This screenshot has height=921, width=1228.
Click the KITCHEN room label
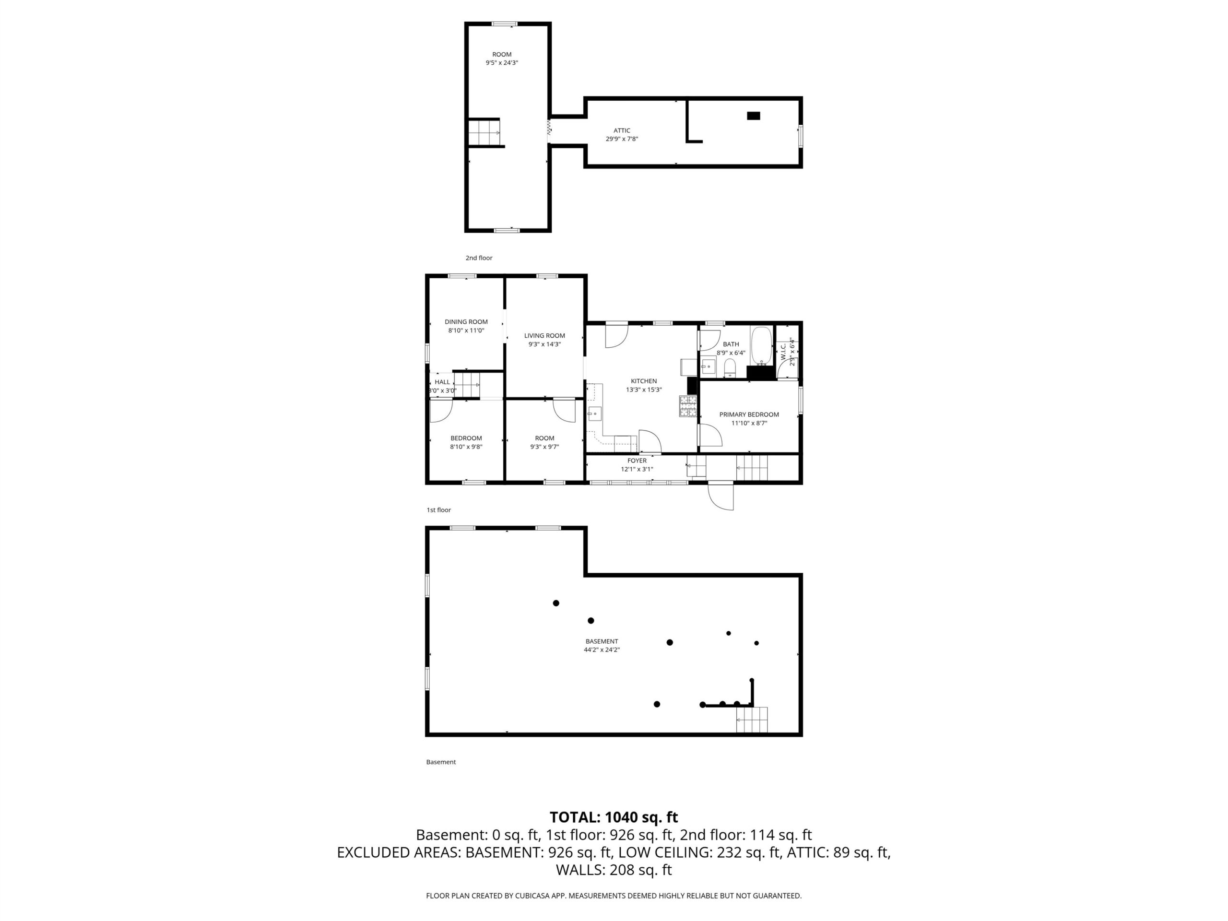pyautogui.click(x=643, y=381)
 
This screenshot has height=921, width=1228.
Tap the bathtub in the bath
pyautogui.click(x=761, y=346)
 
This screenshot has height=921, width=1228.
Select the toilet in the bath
pyautogui.click(x=730, y=367)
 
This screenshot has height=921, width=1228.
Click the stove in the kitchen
pyautogui.click(x=688, y=406)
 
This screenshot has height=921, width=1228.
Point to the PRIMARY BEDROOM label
pyautogui.click(x=749, y=414)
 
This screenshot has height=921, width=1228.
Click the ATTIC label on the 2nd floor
pyautogui.click(x=622, y=130)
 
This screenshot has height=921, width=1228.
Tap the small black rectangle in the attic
pyautogui.click(x=753, y=116)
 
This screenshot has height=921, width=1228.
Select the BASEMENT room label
pyautogui.click(x=602, y=641)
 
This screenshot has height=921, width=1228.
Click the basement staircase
pyautogui.click(x=752, y=720)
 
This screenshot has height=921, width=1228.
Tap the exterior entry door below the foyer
pyautogui.click(x=720, y=496)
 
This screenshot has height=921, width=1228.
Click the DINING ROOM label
pyautogui.click(x=466, y=321)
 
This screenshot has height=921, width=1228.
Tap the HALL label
pyautogui.click(x=442, y=382)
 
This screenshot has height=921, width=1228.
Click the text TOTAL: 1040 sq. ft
pyautogui.click(x=614, y=817)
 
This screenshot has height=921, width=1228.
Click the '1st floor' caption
pyautogui.click(x=438, y=509)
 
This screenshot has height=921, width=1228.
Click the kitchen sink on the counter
pyautogui.click(x=594, y=413)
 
